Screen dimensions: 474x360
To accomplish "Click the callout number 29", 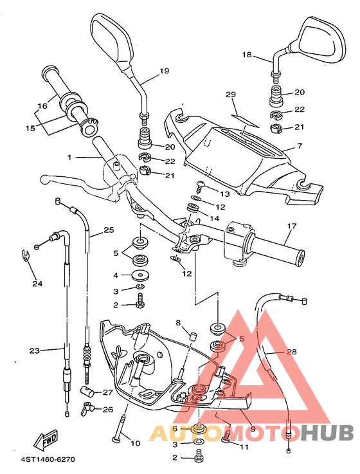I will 231,95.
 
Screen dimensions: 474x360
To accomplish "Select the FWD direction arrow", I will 47,442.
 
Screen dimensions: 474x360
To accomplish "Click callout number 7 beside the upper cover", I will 299,147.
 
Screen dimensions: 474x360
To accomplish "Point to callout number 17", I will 291,226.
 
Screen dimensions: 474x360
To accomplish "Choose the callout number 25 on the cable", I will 108,230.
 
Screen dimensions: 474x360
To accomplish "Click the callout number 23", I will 34,351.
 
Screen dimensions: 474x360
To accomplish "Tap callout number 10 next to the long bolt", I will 134,443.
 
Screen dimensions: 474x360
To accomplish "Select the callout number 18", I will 247,55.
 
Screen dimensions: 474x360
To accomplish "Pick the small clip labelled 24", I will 24,257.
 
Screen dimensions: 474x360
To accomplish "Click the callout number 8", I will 178,322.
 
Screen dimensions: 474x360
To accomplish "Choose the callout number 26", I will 107,409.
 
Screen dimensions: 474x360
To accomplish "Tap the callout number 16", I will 42,106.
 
